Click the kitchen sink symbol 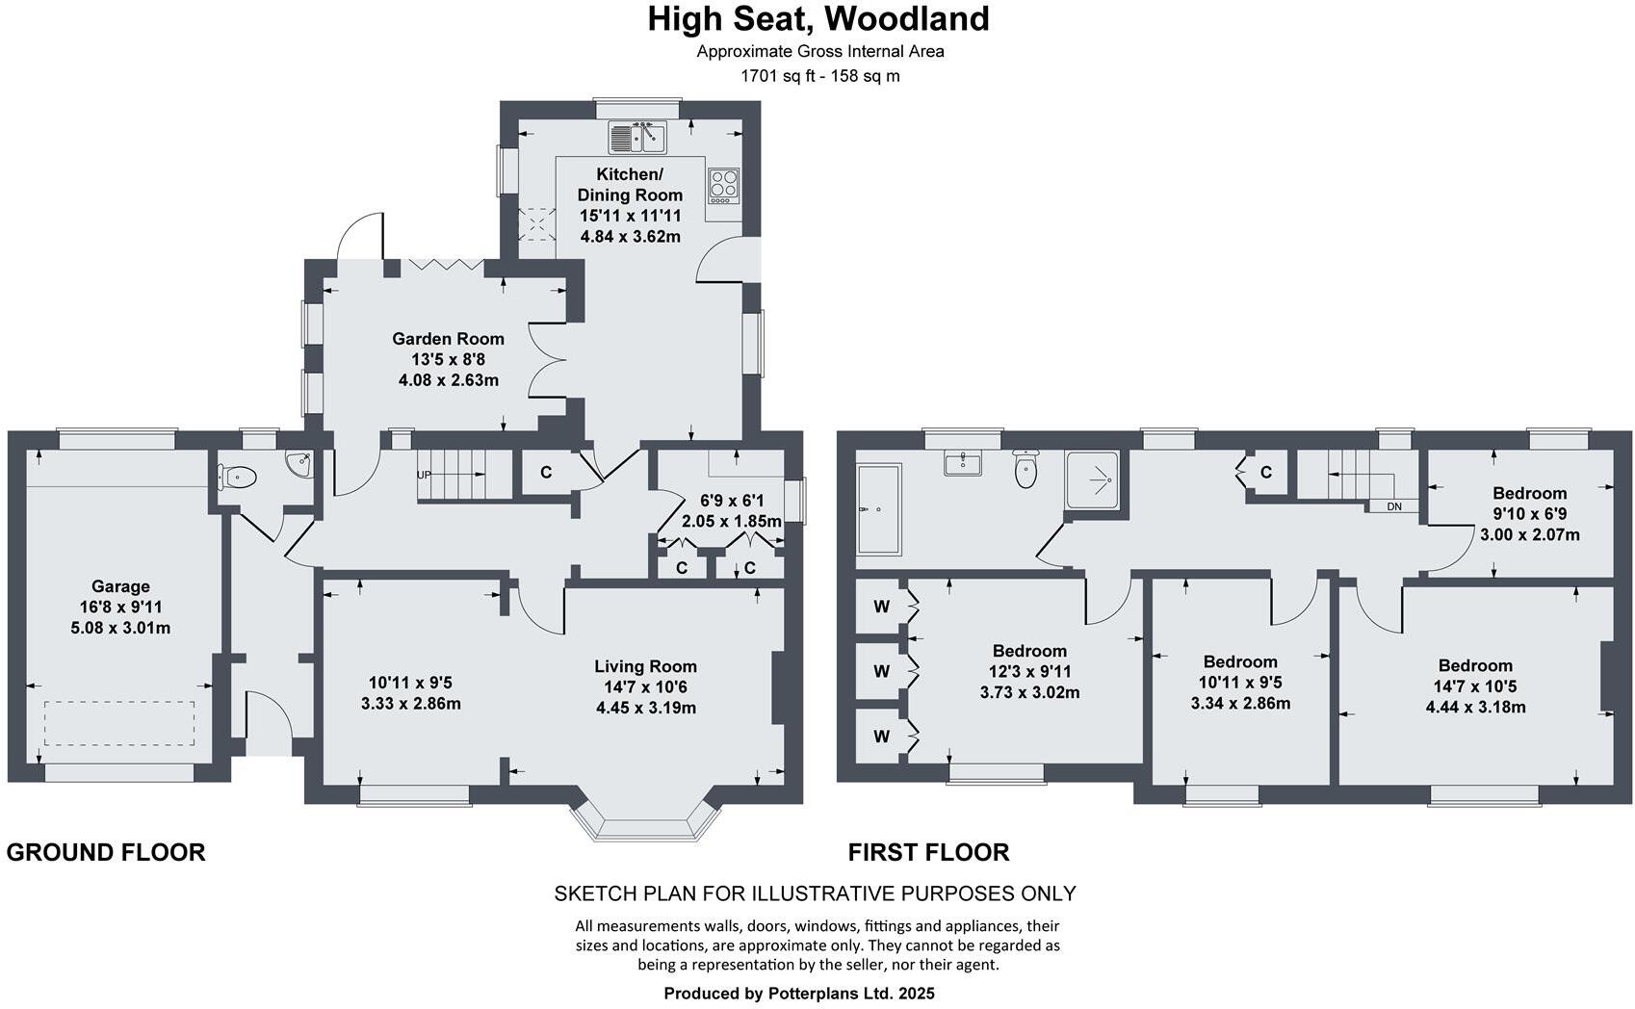tap(636, 137)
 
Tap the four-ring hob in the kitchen tap(723, 185)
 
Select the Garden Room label tap(448, 339)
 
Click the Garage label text tap(120, 586)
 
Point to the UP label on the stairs tap(424, 475)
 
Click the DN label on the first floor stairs tap(1394, 506)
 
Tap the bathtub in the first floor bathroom tap(878, 510)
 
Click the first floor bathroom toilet tap(1026, 470)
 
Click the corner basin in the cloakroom tap(301, 464)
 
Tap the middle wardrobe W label tap(881, 671)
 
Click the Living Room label tap(645, 666)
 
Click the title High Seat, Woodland tap(817, 19)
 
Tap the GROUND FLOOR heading tap(106, 852)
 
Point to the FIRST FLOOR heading tap(928, 852)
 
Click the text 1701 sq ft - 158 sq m tap(819, 75)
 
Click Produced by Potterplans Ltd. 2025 tap(798, 993)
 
